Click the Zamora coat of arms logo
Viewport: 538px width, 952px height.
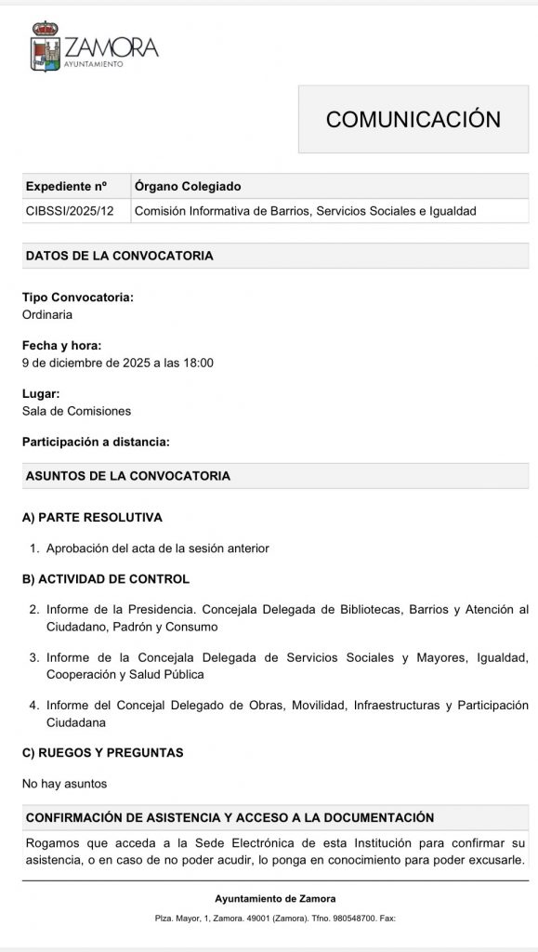click(x=46, y=47)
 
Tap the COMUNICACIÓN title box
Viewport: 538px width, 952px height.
click(x=413, y=119)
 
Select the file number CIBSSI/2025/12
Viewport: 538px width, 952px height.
click(x=70, y=211)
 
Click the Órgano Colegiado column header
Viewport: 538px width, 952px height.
click(x=188, y=186)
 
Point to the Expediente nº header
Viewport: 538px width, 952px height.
click(x=66, y=186)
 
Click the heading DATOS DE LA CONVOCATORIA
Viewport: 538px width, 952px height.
click(x=119, y=256)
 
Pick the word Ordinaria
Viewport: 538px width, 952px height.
click(x=47, y=314)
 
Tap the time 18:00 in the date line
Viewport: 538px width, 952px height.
click(x=198, y=363)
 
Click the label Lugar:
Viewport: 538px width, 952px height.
click(x=41, y=394)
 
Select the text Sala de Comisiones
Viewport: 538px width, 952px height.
click(x=76, y=411)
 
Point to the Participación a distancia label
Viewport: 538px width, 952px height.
click(x=96, y=443)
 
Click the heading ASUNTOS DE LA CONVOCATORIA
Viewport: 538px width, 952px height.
click(x=127, y=476)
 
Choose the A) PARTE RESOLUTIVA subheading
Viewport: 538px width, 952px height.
click(x=92, y=517)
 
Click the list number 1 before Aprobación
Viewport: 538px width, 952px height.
click(x=33, y=549)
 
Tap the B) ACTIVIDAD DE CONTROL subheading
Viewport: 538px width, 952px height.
click(x=105, y=579)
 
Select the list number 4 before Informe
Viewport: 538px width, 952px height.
click(x=33, y=706)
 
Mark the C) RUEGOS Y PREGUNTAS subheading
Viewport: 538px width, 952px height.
click(x=102, y=752)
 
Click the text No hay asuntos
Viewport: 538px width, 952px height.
click(x=64, y=784)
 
